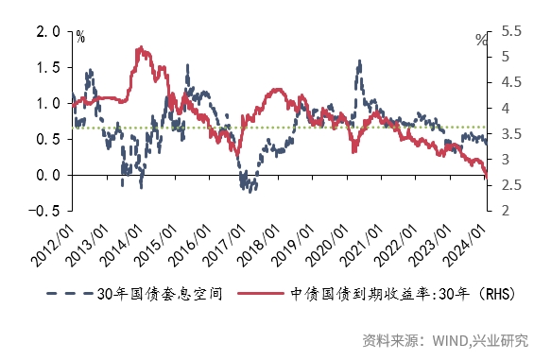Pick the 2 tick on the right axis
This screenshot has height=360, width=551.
504,211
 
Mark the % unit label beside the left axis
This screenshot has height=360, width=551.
80,38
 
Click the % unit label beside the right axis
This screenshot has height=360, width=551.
481,40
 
